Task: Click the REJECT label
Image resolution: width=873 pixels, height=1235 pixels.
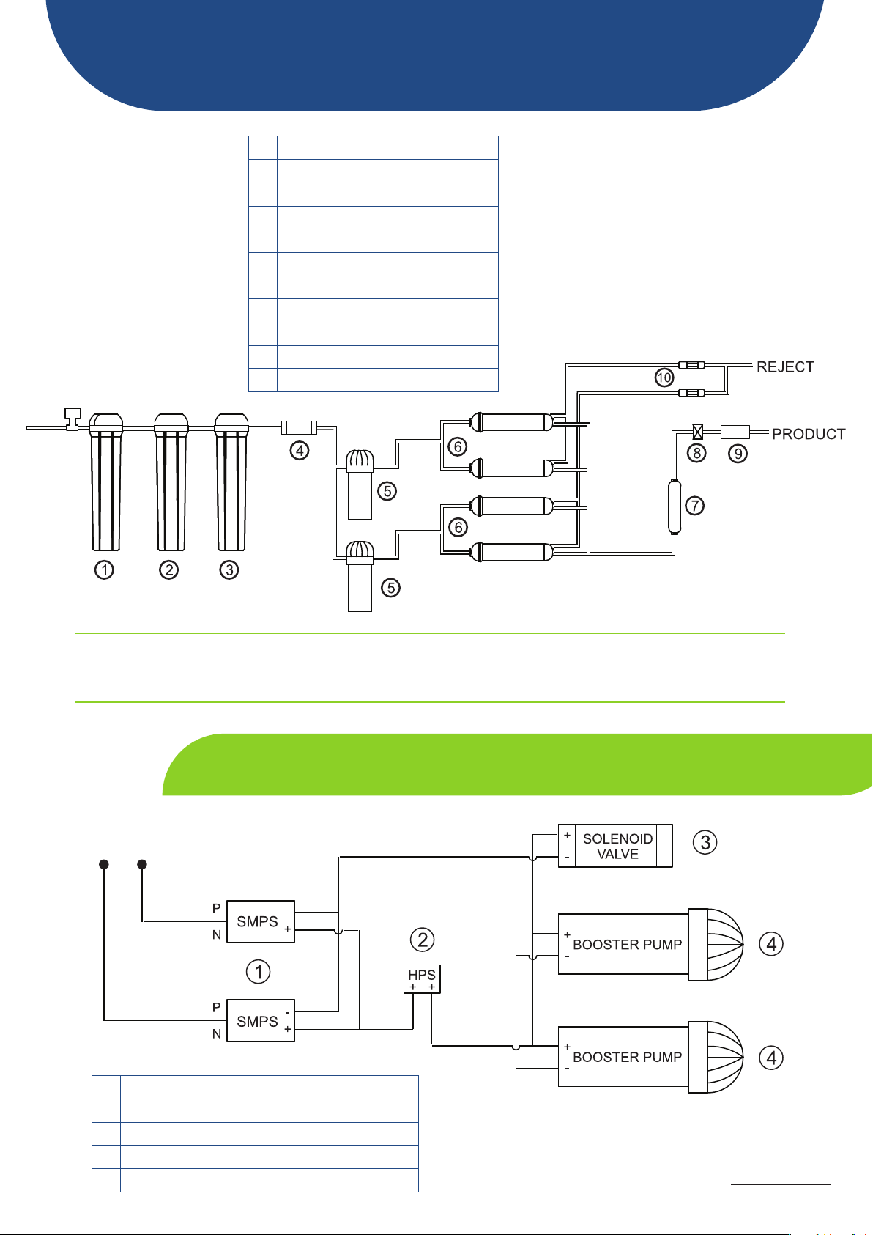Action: [x=785, y=366]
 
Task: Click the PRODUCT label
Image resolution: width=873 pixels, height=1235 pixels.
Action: [x=808, y=434]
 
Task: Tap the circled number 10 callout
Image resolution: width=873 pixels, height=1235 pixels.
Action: [x=664, y=377]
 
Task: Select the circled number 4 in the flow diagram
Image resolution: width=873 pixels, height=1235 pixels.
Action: [x=299, y=451]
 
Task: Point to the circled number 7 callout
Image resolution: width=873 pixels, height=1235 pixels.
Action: [x=694, y=506]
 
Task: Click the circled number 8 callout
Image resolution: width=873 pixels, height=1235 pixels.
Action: [x=696, y=454]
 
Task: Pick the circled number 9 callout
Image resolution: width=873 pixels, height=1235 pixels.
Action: [x=738, y=454]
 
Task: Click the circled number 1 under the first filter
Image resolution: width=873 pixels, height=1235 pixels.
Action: [x=104, y=569]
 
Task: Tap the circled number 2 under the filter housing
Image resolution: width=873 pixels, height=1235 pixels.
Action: [x=168, y=569]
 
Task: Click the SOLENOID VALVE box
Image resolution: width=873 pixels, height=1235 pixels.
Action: [x=615, y=846]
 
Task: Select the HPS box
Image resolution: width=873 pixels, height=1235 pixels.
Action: [x=422, y=979]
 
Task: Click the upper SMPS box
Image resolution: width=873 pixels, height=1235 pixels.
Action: [x=261, y=921]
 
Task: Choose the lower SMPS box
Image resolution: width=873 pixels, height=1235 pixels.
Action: [x=261, y=1020]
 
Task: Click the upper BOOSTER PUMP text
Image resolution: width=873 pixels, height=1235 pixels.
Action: [x=628, y=945]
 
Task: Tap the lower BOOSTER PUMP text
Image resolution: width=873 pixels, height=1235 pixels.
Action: [x=628, y=1057]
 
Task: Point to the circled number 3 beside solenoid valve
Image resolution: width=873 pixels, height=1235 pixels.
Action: [x=705, y=842]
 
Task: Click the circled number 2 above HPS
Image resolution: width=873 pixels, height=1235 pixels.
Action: [x=423, y=940]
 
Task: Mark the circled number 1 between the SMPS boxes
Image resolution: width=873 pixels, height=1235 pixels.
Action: [x=258, y=971]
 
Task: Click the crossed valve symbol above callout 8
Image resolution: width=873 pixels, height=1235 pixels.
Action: [x=697, y=432]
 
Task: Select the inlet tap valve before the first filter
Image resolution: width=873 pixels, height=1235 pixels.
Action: [x=73, y=419]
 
